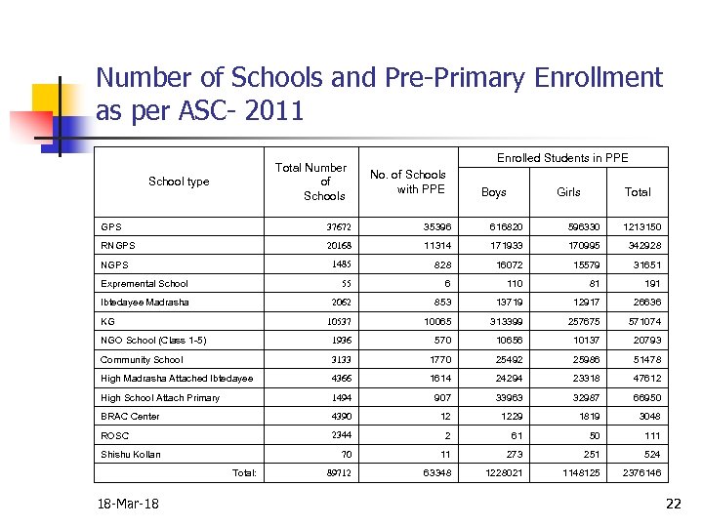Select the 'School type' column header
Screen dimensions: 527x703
pyautogui.click(x=179, y=182)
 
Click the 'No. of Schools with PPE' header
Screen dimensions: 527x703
pyautogui.click(x=407, y=182)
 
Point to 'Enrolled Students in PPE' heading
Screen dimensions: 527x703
pyautogui.click(x=562, y=158)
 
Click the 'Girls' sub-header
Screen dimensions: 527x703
pyautogui.click(x=568, y=192)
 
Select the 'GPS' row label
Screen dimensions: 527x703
pyautogui.click(x=111, y=227)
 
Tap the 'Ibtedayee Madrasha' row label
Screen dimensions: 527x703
pyautogui.click(x=145, y=303)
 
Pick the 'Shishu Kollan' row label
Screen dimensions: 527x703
pyautogui.click(x=131, y=454)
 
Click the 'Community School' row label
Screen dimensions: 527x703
pyautogui.click(x=142, y=359)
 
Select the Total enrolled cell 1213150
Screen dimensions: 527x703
pyautogui.click(x=640, y=227)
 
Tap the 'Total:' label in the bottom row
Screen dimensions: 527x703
pyautogui.click(x=244, y=473)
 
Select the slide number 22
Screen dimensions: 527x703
pyautogui.click(x=672, y=504)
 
